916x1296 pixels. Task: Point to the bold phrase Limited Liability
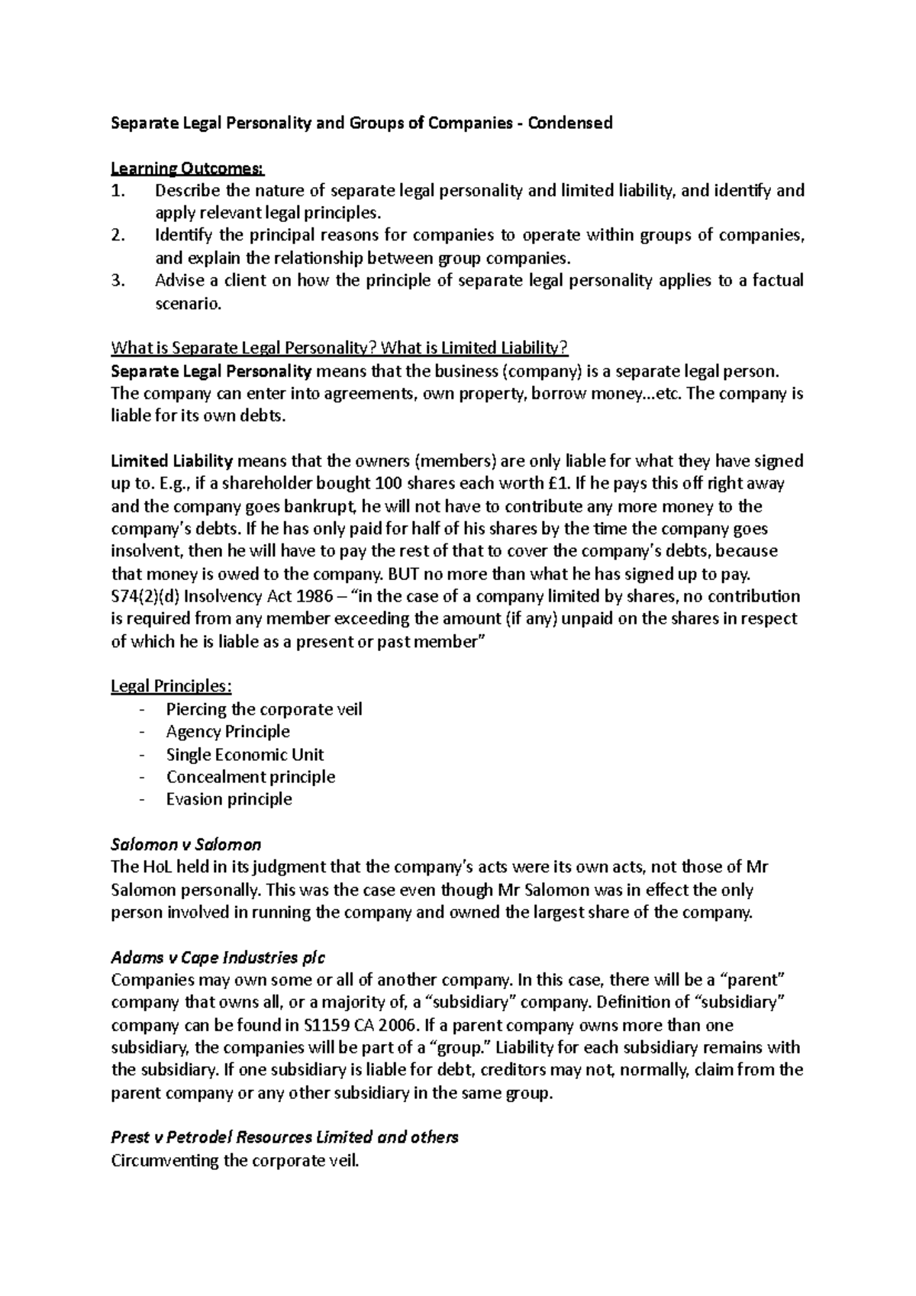[172, 461]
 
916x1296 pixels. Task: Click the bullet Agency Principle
[227, 732]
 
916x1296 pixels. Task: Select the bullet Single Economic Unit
[245, 755]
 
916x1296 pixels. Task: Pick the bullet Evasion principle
[229, 800]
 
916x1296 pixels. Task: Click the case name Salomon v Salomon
[186, 845]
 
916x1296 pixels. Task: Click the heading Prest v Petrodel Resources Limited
[284, 1137]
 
